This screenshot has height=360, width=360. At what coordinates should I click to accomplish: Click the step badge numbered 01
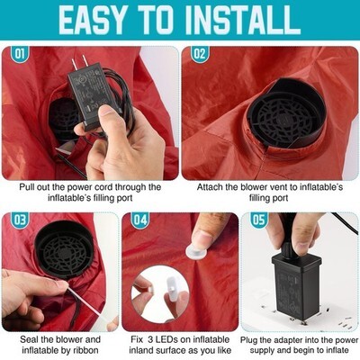click(x=20, y=54)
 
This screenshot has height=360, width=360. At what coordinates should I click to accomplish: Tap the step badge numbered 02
click(x=200, y=54)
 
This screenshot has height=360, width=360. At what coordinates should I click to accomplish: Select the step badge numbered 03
click(x=20, y=220)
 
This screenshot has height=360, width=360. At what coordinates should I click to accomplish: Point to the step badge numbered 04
click(x=140, y=220)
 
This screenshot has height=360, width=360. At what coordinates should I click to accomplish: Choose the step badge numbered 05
click(x=259, y=220)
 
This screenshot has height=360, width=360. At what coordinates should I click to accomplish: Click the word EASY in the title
click(x=92, y=20)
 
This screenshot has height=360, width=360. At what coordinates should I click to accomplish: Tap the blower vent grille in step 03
click(x=64, y=250)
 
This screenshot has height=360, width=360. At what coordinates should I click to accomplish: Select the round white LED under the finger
click(x=196, y=251)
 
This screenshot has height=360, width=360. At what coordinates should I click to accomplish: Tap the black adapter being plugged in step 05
click(x=292, y=285)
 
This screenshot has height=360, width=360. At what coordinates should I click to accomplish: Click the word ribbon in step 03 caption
click(x=85, y=350)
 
